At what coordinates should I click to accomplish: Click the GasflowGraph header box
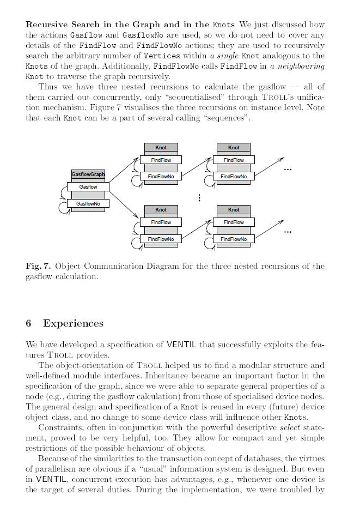tap(88, 174)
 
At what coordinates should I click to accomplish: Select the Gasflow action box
tap(88, 186)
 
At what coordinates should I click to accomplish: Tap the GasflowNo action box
tap(88, 203)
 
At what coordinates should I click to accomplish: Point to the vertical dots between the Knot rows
tap(199, 198)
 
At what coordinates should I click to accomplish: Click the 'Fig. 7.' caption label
tap(38, 267)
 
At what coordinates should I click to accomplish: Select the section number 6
tap(28, 324)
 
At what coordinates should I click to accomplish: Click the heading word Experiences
tap(73, 324)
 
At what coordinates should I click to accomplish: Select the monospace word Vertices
tap(147, 56)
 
